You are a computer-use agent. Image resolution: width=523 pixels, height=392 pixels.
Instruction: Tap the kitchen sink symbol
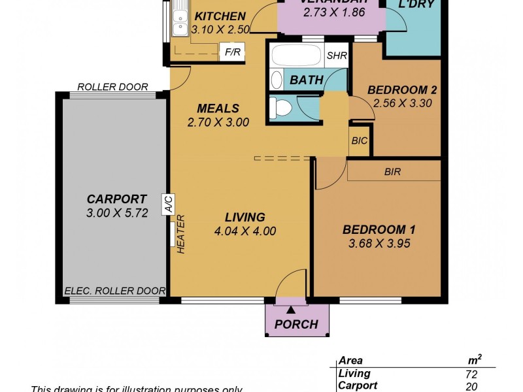pyautogui.click(x=179, y=25)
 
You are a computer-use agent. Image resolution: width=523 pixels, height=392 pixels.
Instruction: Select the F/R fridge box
pyautogui.click(x=231, y=52)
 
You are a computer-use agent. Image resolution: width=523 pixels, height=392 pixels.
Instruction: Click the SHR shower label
pyautogui.click(x=336, y=56)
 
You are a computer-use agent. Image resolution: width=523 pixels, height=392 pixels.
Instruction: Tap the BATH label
pyautogui.click(x=306, y=80)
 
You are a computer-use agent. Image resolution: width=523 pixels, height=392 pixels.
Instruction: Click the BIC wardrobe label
pyautogui.click(x=359, y=140)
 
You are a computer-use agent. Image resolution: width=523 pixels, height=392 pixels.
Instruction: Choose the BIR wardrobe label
pyautogui.click(x=393, y=172)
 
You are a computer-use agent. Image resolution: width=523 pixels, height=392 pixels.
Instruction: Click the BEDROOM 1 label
pyautogui.click(x=379, y=230)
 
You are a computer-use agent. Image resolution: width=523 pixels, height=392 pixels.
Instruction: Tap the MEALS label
pyautogui.click(x=218, y=108)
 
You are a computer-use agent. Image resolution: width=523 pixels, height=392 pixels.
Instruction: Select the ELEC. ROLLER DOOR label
pyautogui.click(x=114, y=291)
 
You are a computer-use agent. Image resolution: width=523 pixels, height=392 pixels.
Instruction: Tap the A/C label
pyautogui.click(x=168, y=204)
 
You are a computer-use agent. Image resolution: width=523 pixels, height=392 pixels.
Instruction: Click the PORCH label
pyautogui.click(x=295, y=324)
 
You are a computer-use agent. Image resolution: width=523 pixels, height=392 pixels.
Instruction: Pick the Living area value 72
pyautogui.click(x=471, y=374)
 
